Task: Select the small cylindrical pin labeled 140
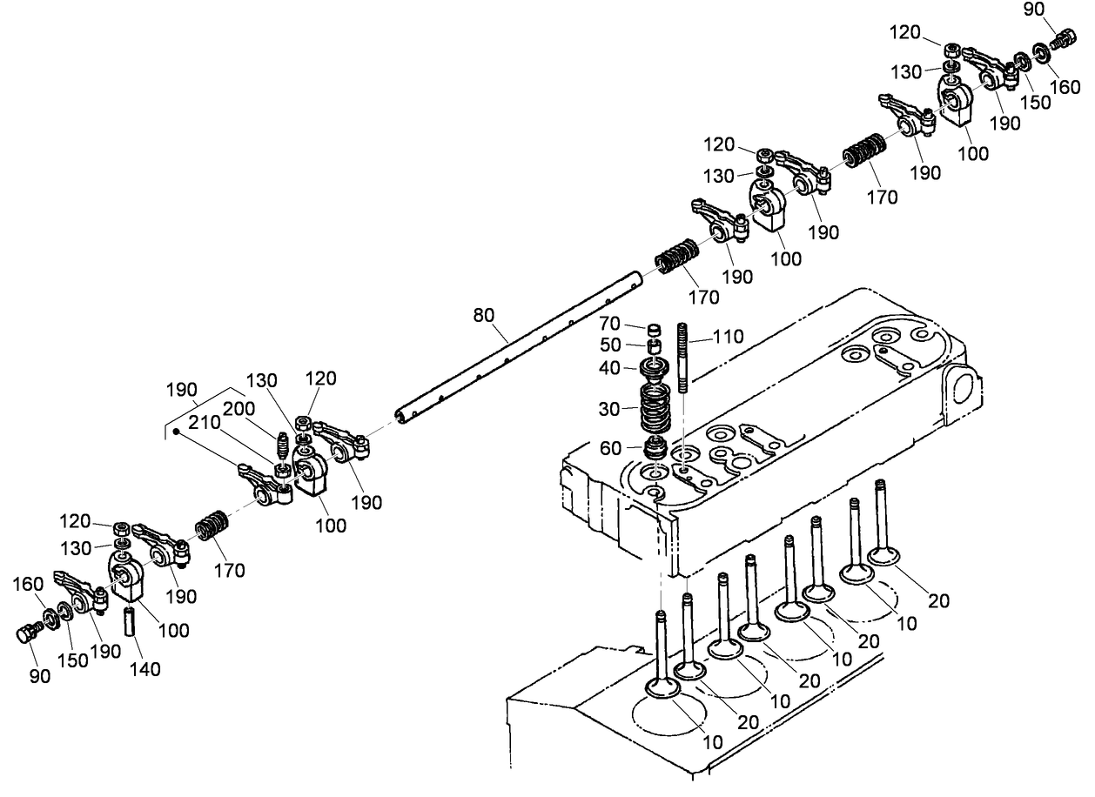tap(133, 623)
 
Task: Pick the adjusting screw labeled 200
tap(281, 445)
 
